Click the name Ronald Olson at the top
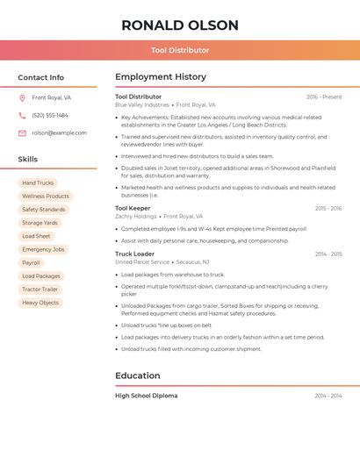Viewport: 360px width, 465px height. tap(180, 25)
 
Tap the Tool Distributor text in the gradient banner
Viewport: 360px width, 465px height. tap(180, 50)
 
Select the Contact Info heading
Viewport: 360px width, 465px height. tap(40, 77)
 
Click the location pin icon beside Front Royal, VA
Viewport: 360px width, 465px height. tap(22, 97)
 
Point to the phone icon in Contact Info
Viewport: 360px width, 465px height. tap(22, 115)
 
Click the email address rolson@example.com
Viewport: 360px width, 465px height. tap(59, 132)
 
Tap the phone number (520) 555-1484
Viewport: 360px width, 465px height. tap(50, 115)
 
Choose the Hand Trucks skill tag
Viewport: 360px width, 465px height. tap(38, 183)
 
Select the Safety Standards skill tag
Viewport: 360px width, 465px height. tap(43, 210)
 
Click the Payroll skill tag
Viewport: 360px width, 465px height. tap(31, 262)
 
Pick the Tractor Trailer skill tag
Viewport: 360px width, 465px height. tap(40, 289)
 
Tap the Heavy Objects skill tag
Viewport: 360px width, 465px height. tap(40, 303)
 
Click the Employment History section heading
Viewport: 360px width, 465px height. tap(161, 77)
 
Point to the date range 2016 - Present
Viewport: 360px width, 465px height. tap(324, 97)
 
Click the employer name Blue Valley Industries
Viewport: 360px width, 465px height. tap(142, 104)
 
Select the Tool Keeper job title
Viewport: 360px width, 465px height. tap(133, 208)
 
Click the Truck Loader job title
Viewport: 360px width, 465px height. tap(134, 254)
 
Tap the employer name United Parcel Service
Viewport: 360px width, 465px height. tap(142, 261)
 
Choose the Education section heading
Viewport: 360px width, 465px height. tap(138, 376)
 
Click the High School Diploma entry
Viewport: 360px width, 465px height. tap(146, 396)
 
